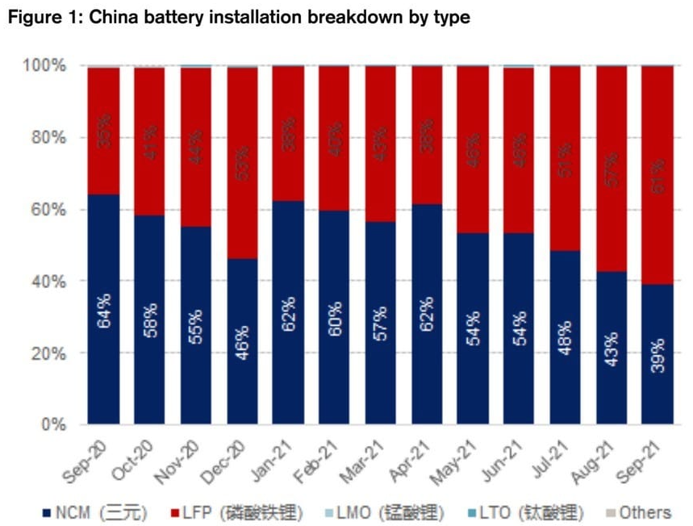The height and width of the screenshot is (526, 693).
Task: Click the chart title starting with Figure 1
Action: pos(238,17)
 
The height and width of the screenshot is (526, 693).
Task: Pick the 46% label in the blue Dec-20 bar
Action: pos(242,344)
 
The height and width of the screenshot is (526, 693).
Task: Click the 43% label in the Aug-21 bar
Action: pos(611,347)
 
